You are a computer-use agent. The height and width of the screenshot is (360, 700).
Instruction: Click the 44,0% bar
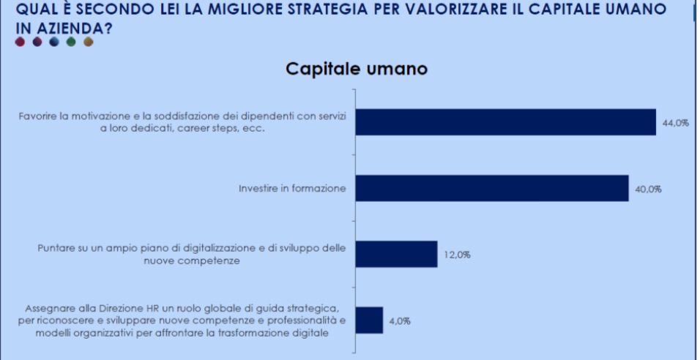click(x=505, y=122)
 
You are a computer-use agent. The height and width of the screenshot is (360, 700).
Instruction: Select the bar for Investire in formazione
click(x=492, y=188)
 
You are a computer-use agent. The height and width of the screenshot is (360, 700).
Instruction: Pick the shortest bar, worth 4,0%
click(x=369, y=320)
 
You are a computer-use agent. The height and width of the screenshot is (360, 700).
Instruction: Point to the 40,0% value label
click(x=648, y=189)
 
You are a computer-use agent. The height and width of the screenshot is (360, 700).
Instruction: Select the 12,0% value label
click(x=456, y=255)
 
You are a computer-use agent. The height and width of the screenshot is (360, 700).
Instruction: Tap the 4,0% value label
click(x=399, y=320)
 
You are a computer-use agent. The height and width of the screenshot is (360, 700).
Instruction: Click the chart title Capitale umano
click(x=356, y=70)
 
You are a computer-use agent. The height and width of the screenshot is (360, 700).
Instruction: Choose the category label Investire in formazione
click(x=292, y=188)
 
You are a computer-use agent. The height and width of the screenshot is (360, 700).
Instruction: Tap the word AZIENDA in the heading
click(x=58, y=26)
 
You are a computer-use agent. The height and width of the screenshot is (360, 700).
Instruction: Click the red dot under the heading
click(x=21, y=42)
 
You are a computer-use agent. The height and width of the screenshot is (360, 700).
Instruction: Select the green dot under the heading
click(x=71, y=42)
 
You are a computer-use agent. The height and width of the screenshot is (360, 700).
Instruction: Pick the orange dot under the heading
click(x=88, y=42)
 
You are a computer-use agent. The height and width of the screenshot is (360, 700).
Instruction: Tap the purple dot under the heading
click(x=37, y=42)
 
